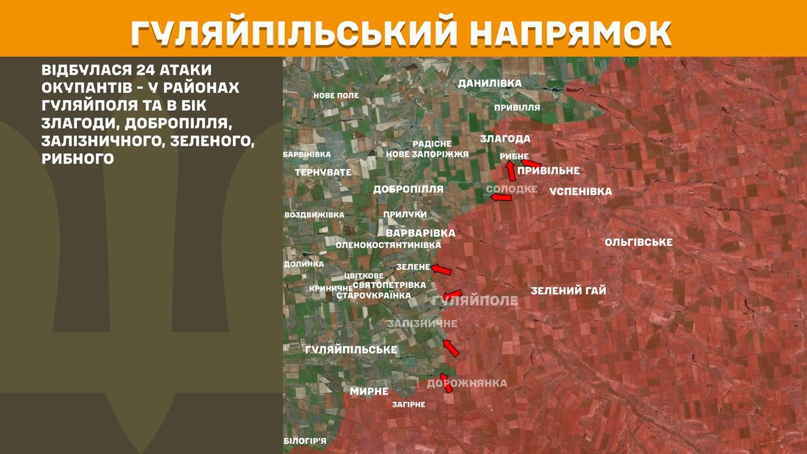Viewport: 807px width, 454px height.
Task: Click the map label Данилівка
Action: click(490, 83)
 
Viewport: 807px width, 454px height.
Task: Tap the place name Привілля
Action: click(517, 108)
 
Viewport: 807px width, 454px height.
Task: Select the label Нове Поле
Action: click(336, 95)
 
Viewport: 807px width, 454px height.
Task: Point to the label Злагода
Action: click(505, 139)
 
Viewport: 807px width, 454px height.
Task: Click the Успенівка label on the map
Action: click(580, 192)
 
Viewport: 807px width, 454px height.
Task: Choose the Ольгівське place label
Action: click(639, 242)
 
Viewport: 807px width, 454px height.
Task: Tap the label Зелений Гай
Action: click(568, 291)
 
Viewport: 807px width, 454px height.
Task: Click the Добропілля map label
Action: click(408, 189)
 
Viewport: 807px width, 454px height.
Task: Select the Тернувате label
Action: click(323, 172)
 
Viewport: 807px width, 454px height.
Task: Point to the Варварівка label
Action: click(421, 233)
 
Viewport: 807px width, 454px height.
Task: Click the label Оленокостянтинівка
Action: click(388, 245)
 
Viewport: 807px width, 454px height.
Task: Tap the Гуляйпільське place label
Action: click(351, 350)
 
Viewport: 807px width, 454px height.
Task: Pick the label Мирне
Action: click(369, 391)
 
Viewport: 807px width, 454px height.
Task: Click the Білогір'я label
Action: click(305, 441)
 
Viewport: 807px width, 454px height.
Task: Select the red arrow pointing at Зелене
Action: click(441, 270)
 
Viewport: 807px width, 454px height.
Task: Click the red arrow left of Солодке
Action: click(501, 197)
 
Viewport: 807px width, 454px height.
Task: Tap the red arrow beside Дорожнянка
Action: click(446, 382)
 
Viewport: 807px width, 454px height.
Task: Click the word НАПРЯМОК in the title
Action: click(571, 33)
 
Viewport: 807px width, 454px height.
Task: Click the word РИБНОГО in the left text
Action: click(77, 158)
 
